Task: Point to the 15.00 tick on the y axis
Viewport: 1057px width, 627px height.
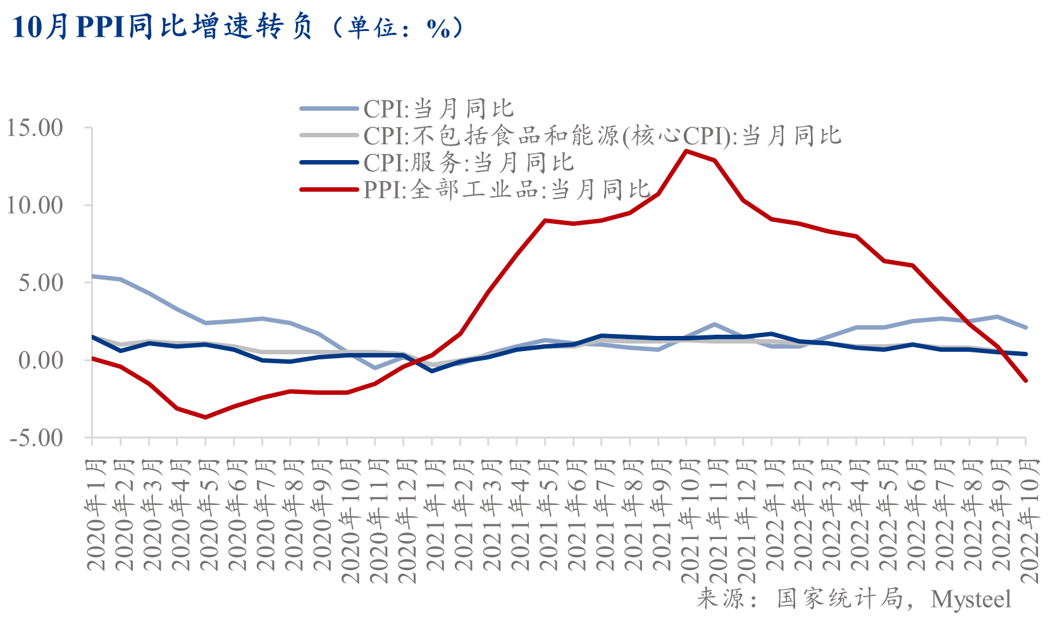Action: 35,128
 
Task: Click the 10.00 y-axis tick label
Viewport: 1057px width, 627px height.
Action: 35,205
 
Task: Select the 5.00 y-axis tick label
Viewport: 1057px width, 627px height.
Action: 41,282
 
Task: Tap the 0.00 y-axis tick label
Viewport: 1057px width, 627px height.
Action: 41,360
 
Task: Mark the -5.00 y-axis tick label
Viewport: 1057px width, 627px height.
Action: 37,437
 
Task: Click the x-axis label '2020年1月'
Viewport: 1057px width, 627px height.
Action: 95,515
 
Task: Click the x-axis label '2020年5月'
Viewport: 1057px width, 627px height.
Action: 208,515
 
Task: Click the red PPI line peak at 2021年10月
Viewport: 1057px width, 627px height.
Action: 686,151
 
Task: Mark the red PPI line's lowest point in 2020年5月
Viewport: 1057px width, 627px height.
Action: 205,417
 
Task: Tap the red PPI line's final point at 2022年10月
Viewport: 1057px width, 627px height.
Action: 1025,381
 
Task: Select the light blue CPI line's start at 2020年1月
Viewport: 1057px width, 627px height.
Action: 92,276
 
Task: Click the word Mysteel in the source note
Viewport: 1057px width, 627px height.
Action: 970,599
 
